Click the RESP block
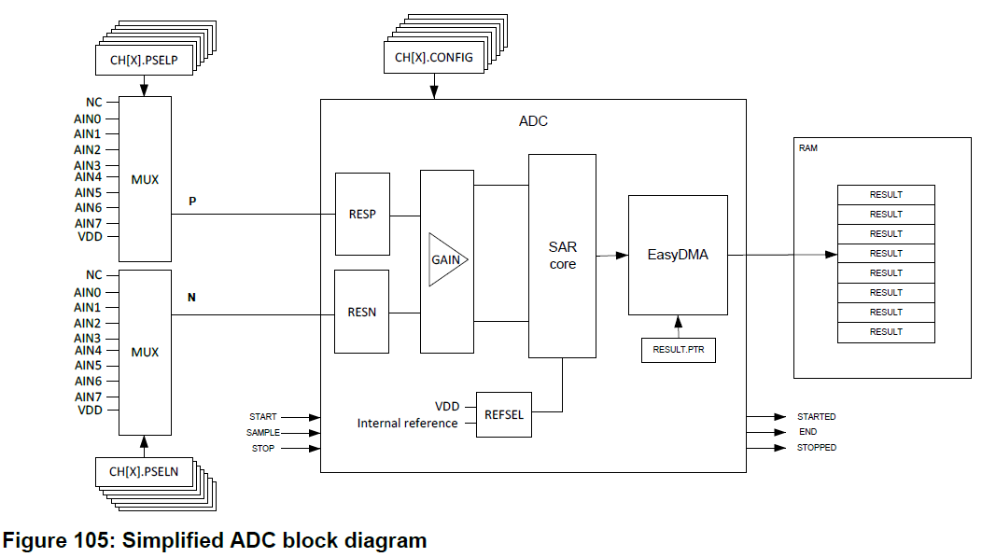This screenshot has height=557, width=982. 362,214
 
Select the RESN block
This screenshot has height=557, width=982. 362,312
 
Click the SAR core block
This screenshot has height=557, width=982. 562,256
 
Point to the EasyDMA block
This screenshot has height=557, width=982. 678,255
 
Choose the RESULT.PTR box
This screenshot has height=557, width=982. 678,350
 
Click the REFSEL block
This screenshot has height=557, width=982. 504,415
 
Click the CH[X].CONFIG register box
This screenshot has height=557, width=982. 433,58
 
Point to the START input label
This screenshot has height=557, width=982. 263,417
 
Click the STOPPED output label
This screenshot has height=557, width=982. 816,448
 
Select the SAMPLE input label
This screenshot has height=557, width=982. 263,433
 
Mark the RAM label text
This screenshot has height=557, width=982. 807,148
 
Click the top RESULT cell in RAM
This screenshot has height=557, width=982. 886,195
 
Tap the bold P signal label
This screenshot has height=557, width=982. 192,201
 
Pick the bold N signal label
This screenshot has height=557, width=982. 192,298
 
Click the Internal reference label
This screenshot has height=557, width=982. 407,424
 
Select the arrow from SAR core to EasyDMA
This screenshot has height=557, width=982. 611,255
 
